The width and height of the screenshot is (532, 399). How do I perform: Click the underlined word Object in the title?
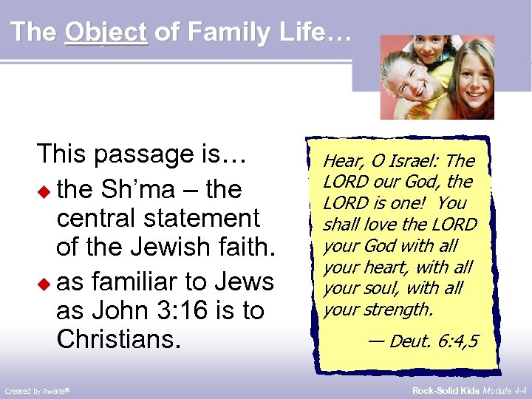[x=106, y=32]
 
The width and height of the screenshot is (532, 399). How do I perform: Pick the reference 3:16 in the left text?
[x=165, y=311]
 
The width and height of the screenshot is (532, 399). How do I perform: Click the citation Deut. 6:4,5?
[x=425, y=341]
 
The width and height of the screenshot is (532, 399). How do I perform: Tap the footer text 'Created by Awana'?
[x=37, y=390]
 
